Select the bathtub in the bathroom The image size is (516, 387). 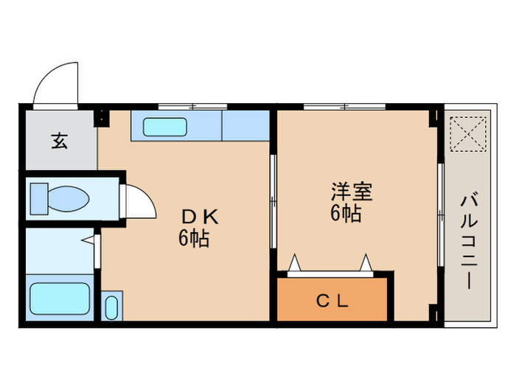[60, 299]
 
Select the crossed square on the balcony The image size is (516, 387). [466, 133]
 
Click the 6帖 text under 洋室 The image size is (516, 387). [346, 215]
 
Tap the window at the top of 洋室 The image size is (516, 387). [344, 107]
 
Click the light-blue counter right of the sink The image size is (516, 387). [245, 126]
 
